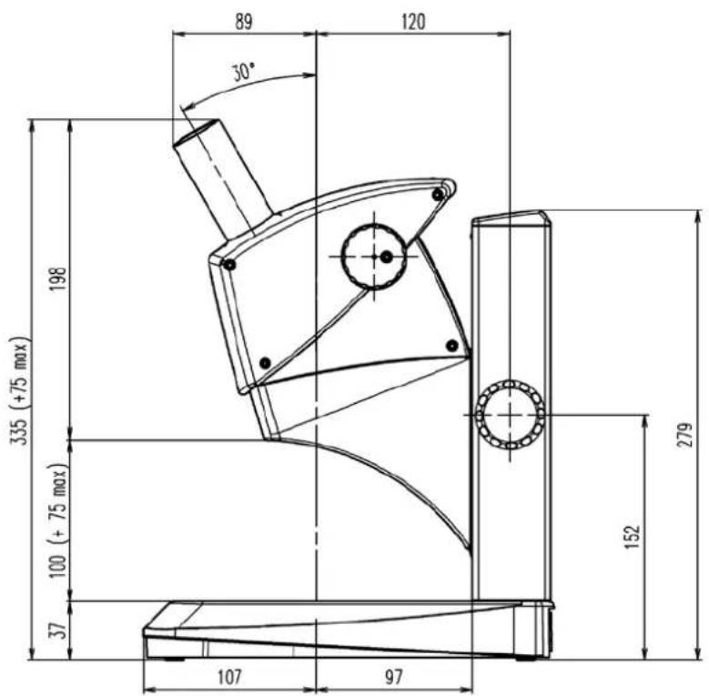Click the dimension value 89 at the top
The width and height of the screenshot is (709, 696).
coord(243,22)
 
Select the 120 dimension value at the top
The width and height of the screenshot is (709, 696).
coord(413,22)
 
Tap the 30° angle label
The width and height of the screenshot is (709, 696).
coord(244,72)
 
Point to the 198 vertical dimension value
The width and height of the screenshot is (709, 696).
coord(58,278)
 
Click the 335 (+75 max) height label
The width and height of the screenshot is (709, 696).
coord(20,391)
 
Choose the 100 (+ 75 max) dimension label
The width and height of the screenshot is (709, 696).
coord(58,520)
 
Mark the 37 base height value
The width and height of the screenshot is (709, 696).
coord(58,630)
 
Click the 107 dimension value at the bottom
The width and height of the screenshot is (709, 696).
coord(229,677)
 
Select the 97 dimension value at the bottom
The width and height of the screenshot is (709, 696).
coord(393,677)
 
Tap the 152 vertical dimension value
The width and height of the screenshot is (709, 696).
coord(633,537)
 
